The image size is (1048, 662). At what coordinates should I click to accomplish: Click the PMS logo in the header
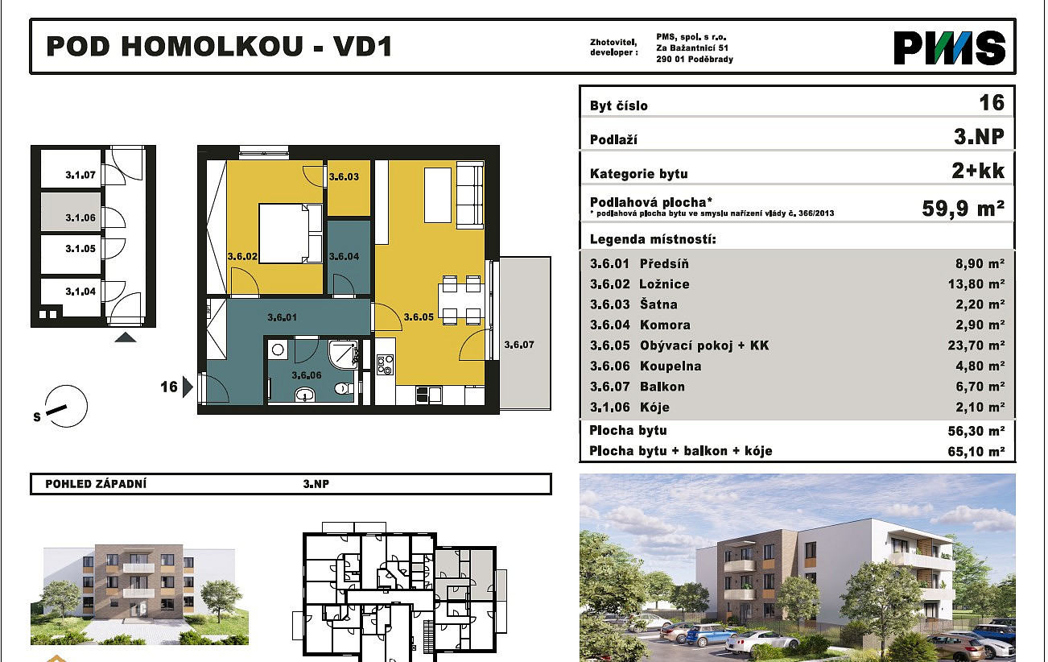[949, 48]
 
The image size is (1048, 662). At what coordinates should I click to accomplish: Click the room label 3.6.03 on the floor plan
[344, 177]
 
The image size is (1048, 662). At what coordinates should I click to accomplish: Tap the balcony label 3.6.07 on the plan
[519, 345]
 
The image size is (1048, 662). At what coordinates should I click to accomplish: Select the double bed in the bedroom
[290, 234]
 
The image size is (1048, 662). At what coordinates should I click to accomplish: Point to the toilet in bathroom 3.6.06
[345, 388]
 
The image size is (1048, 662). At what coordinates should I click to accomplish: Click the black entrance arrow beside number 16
[188, 387]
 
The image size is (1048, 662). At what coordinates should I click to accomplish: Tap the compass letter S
[37, 416]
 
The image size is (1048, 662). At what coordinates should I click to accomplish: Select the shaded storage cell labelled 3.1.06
[71, 212]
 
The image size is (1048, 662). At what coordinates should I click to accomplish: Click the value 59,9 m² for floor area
[963, 209]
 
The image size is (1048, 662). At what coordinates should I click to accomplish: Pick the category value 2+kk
[978, 171]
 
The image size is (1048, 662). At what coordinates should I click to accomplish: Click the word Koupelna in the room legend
[670, 366]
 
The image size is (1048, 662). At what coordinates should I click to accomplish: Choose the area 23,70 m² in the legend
[976, 345]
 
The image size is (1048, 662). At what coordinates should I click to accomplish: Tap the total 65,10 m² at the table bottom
[976, 451]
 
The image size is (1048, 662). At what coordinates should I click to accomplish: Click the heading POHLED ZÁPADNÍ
[96, 484]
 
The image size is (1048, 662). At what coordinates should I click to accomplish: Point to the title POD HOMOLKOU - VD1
[219, 47]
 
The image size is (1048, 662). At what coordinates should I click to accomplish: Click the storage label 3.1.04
[80, 292]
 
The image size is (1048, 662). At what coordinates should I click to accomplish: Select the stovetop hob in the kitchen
[385, 365]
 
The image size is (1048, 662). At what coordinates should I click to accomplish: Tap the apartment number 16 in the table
[992, 102]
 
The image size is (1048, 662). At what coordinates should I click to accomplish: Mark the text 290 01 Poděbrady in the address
[695, 59]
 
